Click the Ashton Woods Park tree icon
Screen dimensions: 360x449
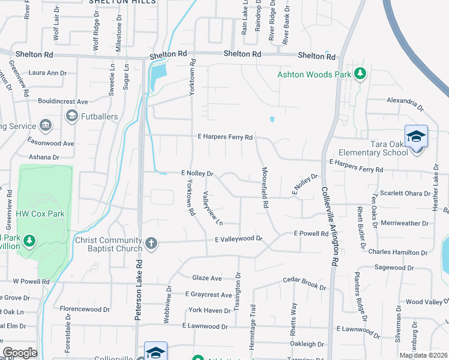[x=360, y=74]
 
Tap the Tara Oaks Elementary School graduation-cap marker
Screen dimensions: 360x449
[x=415, y=137]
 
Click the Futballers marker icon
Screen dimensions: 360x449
[x=71, y=115]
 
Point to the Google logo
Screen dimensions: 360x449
[x=20, y=353]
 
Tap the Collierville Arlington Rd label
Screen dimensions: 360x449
[x=329, y=225]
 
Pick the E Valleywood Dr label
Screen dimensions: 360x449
[x=239, y=239]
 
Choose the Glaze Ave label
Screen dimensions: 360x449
[x=207, y=278]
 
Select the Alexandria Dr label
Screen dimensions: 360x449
[x=405, y=104]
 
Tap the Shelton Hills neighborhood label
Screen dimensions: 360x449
[x=122, y=2]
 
